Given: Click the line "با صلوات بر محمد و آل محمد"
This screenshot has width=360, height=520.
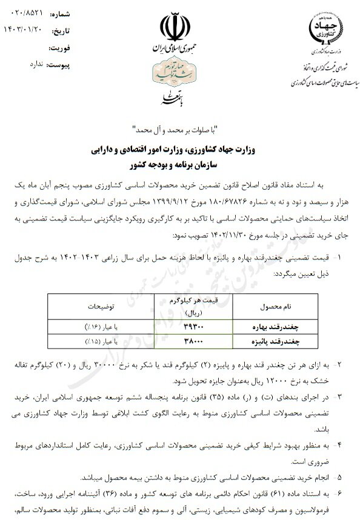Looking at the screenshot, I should point(179,130).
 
